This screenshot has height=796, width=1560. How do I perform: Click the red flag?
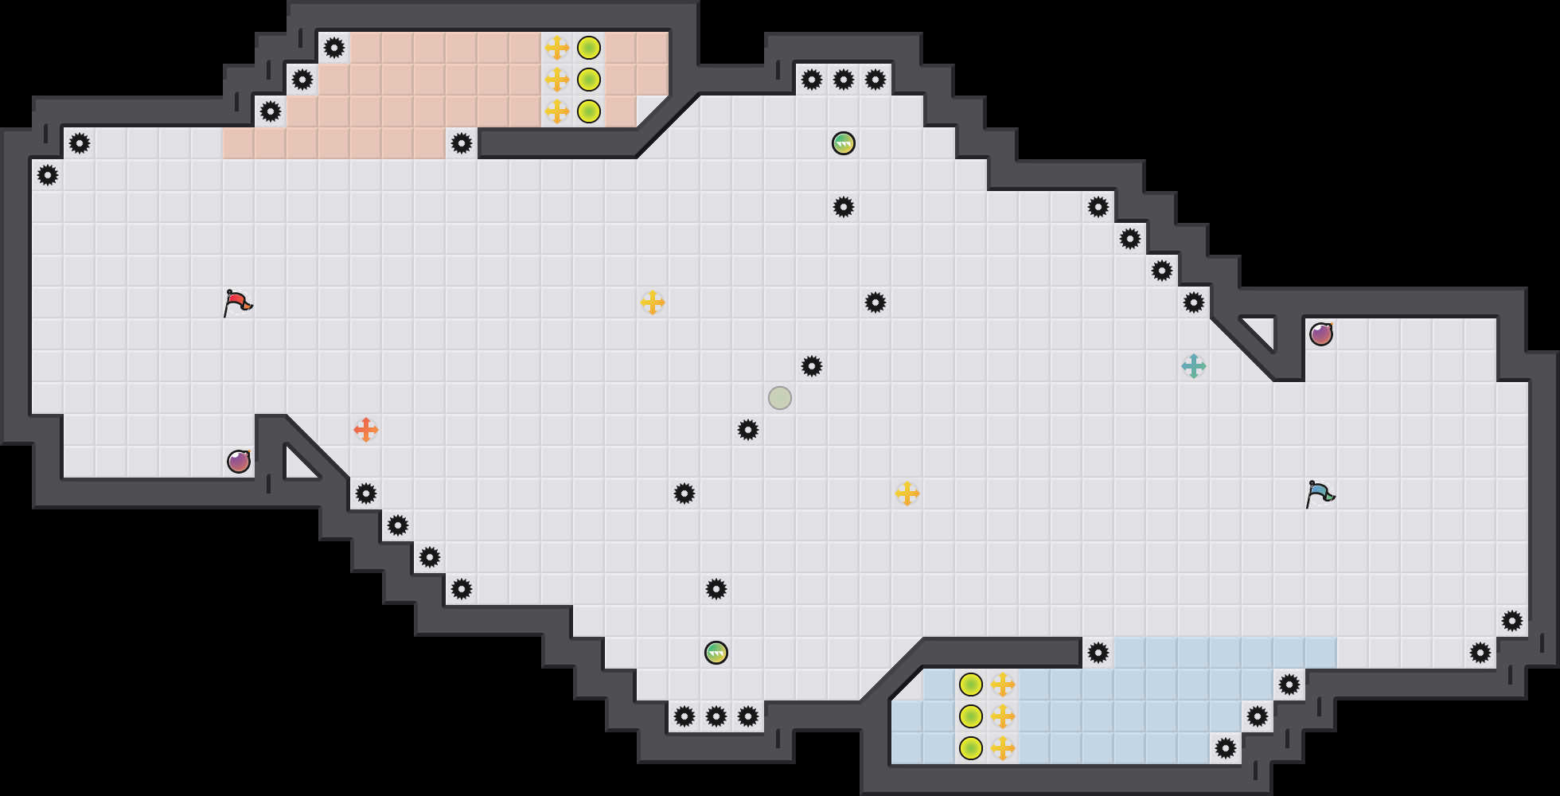tap(237, 302)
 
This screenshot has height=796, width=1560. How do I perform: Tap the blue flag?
tap(1320, 494)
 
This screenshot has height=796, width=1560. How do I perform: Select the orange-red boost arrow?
tap(366, 430)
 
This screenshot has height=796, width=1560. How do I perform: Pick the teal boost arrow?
tap(1194, 366)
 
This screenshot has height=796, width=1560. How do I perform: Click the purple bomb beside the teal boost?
tap(1321, 334)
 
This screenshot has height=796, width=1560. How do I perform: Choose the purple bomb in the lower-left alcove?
tap(239, 462)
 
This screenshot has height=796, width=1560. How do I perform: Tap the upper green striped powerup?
tap(844, 143)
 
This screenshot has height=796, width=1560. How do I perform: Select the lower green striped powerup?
tap(716, 653)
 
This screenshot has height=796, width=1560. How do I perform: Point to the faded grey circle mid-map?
tap(780, 398)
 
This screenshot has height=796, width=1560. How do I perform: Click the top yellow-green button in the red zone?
tap(589, 48)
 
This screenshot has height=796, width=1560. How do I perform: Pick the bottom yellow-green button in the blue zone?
tap(971, 748)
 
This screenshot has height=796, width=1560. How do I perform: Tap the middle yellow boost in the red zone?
tap(557, 80)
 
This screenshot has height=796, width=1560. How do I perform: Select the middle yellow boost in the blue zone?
tap(1003, 716)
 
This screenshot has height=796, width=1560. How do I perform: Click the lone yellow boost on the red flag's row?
tap(653, 302)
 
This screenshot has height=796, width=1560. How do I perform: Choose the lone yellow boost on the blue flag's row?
tap(907, 494)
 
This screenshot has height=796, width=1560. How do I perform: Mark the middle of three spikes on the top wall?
tap(844, 80)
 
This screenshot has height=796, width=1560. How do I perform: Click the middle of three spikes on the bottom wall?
tap(716, 716)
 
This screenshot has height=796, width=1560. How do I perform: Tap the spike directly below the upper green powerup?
tap(844, 207)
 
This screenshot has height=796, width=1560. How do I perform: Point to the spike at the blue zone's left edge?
tap(1098, 653)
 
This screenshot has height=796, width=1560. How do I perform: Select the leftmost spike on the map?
tap(48, 175)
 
